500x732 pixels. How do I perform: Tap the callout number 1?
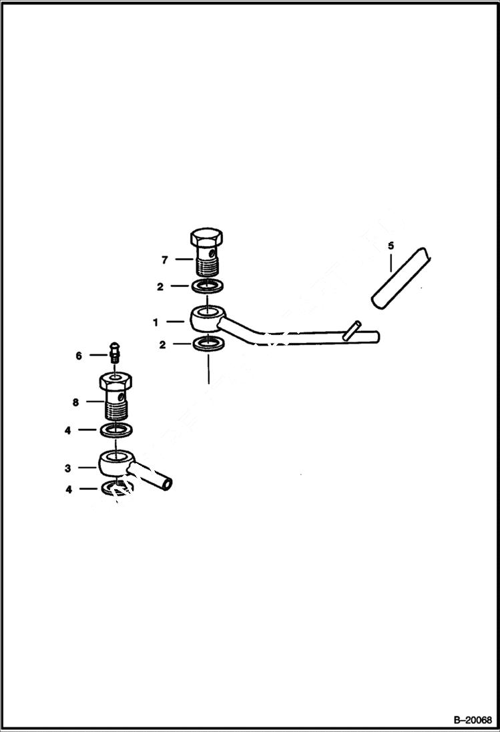156,322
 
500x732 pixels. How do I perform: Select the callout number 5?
391,245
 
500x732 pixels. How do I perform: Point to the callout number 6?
79,356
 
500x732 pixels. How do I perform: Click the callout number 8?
75,402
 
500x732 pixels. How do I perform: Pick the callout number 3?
67,468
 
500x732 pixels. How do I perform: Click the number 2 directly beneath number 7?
160,286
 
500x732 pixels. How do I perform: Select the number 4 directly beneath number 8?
67,430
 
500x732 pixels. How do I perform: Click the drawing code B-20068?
472,720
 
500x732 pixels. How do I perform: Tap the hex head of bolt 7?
208,239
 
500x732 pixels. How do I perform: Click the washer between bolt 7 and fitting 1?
207,286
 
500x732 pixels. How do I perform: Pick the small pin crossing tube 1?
351,332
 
